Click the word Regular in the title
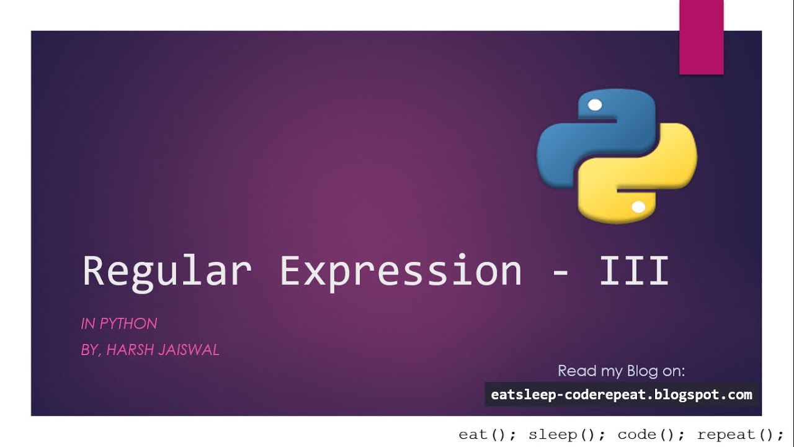(x=167, y=271)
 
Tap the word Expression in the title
(x=401, y=271)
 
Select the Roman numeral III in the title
(x=634, y=271)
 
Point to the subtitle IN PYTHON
(x=119, y=323)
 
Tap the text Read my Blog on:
(x=621, y=371)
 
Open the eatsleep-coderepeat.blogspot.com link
(x=621, y=394)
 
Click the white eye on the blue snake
(x=594, y=105)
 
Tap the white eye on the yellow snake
(x=638, y=207)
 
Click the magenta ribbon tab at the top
(x=702, y=37)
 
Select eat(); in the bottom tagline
(x=488, y=435)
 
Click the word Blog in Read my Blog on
(x=641, y=371)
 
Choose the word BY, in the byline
(x=91, y=350)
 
